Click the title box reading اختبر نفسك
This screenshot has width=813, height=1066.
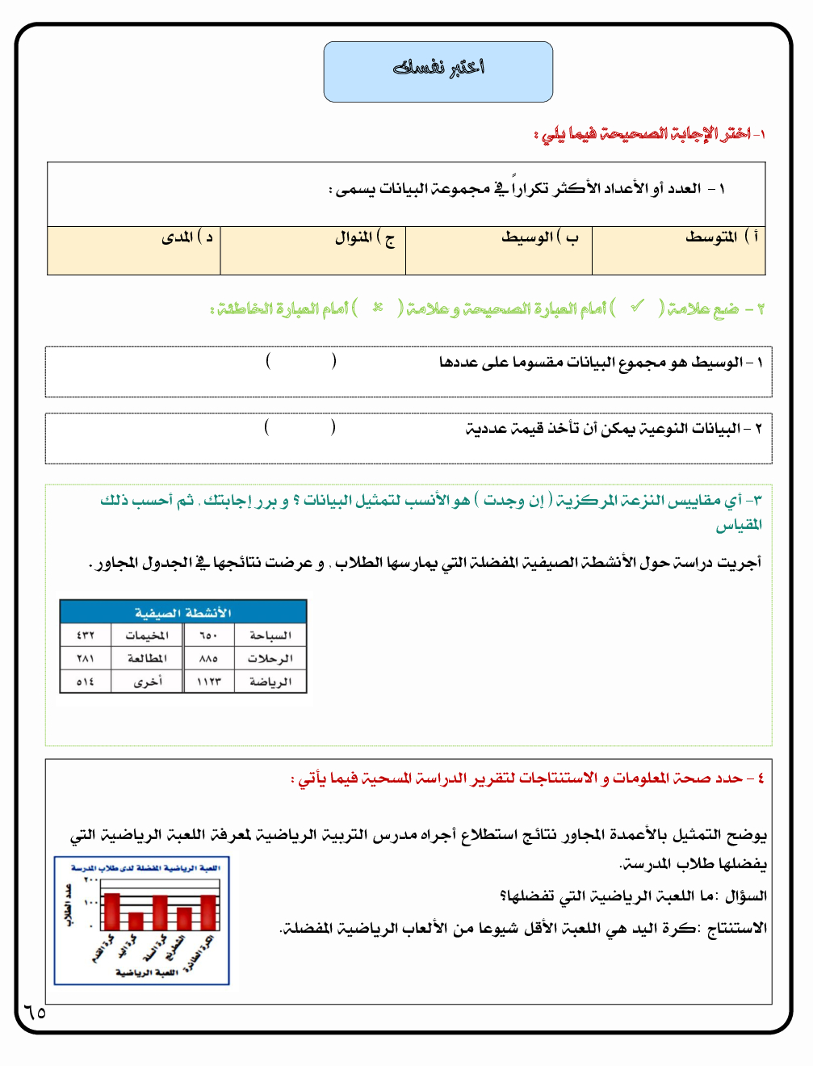click(x=438, y=71)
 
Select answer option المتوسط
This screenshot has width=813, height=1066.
click(x=711, y=237)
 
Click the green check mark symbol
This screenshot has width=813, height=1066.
click(x=638, y=307)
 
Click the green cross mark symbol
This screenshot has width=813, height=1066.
click(x=377, y=308)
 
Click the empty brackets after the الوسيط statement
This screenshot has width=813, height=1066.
click(x=300, y=361)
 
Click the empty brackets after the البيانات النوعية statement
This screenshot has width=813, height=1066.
click(x=300, y=427)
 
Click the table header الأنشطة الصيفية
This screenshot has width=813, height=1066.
click(x=183, y=612)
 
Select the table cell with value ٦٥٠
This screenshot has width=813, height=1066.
click(x=208, y=636)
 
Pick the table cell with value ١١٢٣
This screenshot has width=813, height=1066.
click(x=208, y=682)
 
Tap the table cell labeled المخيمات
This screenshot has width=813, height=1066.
click(x=147, y=636)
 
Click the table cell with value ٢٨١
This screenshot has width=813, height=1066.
click(x=86, y=658)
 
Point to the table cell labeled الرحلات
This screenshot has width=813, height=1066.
click(x=270, y=658)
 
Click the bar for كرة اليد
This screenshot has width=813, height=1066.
click(x=136, y=921)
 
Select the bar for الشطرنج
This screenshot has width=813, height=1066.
click(x=184, y=918)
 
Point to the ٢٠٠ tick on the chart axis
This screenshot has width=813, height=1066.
click(x=90, y=879)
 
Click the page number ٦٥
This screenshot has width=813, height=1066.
click(x=35, y=1012)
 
